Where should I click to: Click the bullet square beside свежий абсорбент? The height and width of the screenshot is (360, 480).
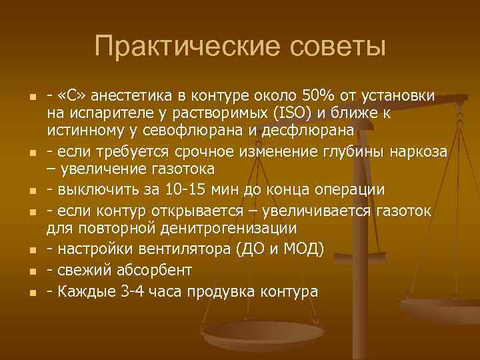(31, 272)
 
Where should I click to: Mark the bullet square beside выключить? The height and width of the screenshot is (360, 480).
(31, 190)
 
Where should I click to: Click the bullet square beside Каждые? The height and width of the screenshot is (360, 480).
(31, 293)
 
